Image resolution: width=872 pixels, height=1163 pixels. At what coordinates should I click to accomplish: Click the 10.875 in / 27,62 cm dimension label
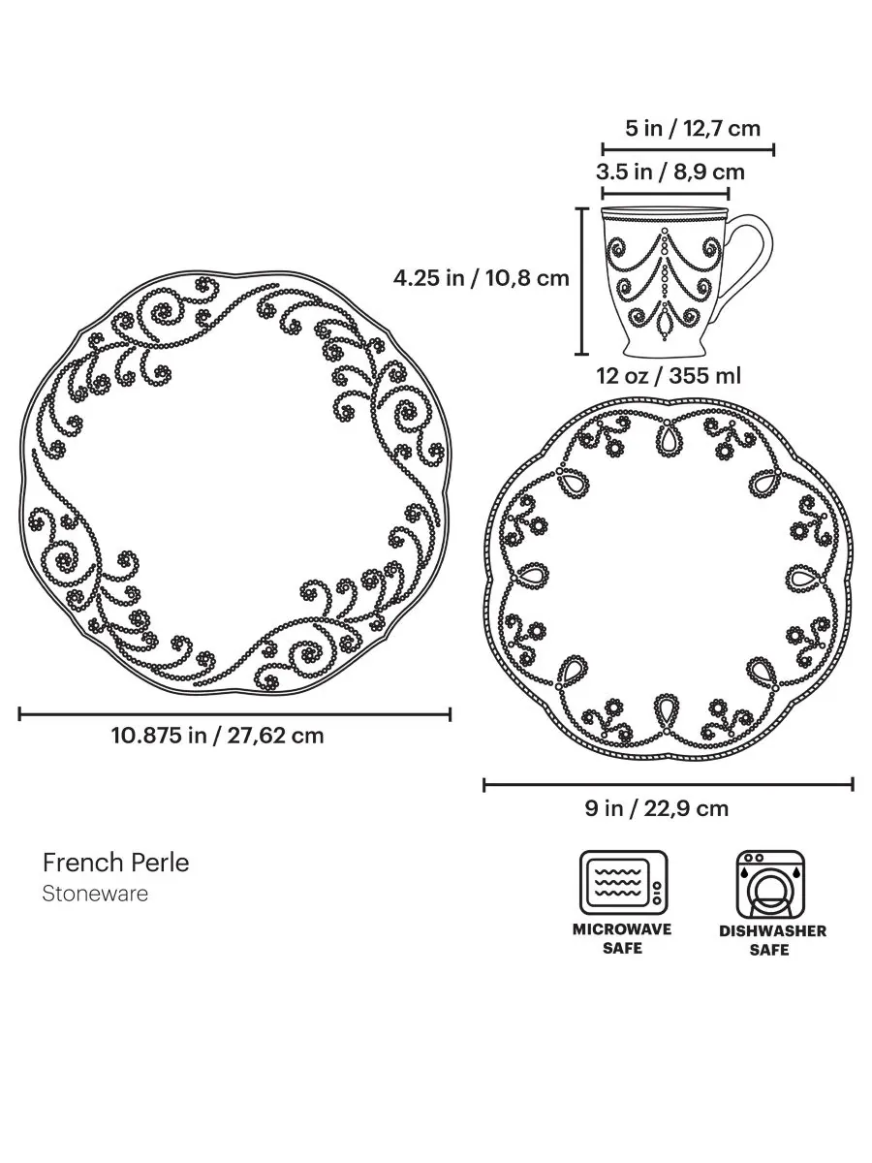[x=217, y=736]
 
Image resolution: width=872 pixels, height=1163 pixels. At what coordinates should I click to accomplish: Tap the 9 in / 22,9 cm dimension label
[x=657, y=808]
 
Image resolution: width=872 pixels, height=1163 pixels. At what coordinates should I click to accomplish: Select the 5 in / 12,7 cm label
[x=693, y=129]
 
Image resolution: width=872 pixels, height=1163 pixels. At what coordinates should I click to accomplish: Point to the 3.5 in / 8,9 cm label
[x=670, y=173]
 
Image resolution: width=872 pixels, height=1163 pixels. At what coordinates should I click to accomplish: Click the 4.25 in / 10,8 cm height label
[x=481, y=278]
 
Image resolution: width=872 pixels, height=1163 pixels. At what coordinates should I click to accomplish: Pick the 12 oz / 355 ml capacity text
[x=669, y=376]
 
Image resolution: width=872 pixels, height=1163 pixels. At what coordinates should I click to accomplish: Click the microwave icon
[x=623, y=882]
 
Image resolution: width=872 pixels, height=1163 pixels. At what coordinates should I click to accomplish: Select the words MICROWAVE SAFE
[x=622, y=938]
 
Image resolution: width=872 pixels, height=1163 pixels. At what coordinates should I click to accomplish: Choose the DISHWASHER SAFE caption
[x=772, y=940]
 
